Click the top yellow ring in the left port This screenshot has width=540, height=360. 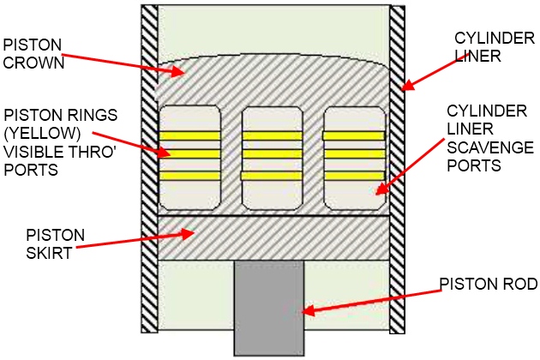(x=189, y=135)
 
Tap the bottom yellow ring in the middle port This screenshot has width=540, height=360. (x=272, y=175)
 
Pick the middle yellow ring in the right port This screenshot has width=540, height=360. (x=353, y=155)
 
